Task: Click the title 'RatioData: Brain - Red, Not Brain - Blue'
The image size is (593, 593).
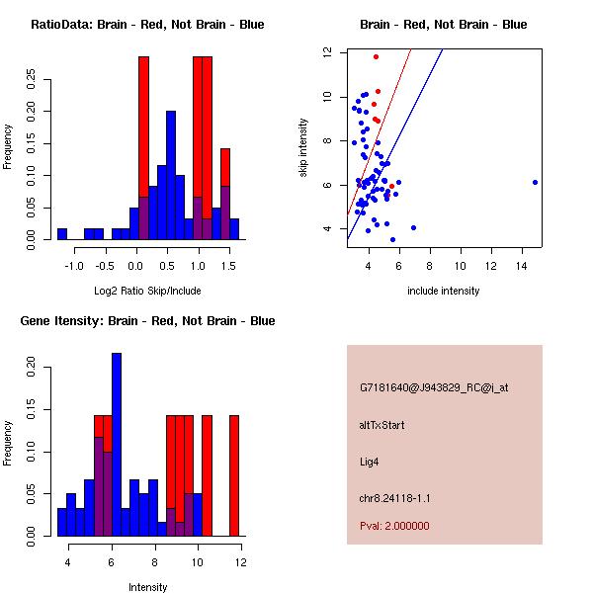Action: coord(147,25)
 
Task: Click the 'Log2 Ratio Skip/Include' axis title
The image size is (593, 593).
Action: coord(147,291)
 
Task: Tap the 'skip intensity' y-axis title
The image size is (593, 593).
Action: coord(304,148)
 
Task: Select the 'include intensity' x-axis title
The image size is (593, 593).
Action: coord(444,291)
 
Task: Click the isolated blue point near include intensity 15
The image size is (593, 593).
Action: coord(535,182)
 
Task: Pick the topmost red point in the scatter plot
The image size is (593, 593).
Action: coord(376,56)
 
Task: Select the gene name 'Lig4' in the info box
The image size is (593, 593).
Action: coord(370,461)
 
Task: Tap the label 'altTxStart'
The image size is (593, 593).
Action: coord(381,425)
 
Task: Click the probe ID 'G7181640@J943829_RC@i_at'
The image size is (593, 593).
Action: coord(434,388)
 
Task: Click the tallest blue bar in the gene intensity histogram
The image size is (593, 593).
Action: coord(117,445)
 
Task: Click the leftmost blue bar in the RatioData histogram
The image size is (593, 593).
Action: coord(62,234)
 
